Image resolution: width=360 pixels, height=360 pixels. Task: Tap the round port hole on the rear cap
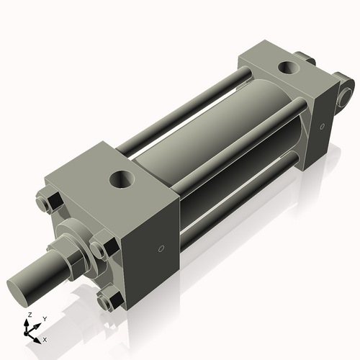[289, 68]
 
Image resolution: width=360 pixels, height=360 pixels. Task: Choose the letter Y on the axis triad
[44, 318]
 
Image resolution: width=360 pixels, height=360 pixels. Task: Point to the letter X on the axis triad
[45, 338]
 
